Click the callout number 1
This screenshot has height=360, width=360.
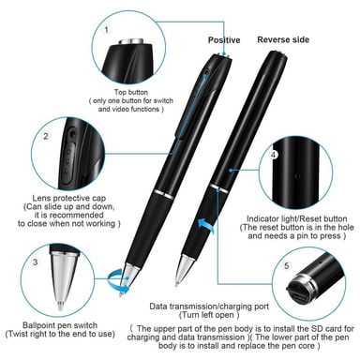click(x=107, y=30)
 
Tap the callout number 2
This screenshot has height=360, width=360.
click(x=46, y=136)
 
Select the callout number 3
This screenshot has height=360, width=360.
click(x=36, y=262)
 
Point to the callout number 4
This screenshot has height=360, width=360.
click(x=274, y=155)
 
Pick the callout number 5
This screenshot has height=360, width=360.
click(x=287, y=266)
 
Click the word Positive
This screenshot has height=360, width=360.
click(x=224, y=40)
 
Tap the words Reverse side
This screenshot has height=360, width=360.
click(x=283, y=39)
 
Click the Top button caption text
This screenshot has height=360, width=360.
click(x=130, y=92)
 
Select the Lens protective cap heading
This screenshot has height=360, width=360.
click(x=69, y=198)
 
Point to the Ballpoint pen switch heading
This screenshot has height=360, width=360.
click(x=60, y=325)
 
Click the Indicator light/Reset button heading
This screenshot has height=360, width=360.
click(x=297, y=218)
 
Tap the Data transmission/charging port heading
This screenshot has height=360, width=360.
click(x=209, y=307)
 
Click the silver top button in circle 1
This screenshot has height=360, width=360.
click(x=131, y=42)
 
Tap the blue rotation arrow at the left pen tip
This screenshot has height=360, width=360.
click(x=118, y=280)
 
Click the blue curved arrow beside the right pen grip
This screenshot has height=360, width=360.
click(x=205, y=225)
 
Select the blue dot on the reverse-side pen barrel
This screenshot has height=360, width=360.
click(x=231, y=171)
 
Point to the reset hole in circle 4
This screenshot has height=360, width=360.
click(x=297, y=175)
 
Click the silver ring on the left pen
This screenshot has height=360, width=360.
click(x=164, y=194)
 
